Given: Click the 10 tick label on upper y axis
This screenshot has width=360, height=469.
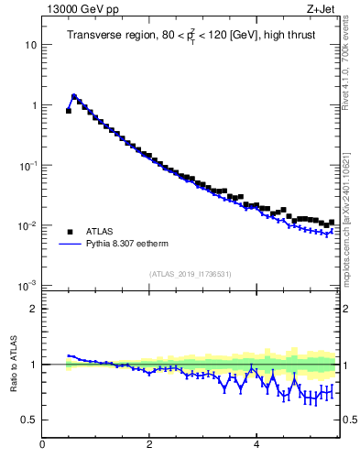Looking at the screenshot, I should (30, 45).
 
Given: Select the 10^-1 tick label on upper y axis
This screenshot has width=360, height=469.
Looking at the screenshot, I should (27, 165).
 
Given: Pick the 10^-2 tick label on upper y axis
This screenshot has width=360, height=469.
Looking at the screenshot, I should (27, 225).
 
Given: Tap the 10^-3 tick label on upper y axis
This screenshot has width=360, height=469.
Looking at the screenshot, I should (27, 286).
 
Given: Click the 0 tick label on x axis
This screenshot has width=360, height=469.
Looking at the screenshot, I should (42, 444).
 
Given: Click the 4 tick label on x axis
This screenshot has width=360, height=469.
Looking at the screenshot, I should (256, 444).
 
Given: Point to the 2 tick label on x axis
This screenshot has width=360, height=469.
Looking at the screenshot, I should (149, 444).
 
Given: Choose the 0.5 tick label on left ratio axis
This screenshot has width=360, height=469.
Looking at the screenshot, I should (29, 420).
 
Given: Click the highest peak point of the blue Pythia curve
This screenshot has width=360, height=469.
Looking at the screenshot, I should (73, 95).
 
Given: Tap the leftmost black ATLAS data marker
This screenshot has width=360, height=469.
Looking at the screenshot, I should (69, 110).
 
